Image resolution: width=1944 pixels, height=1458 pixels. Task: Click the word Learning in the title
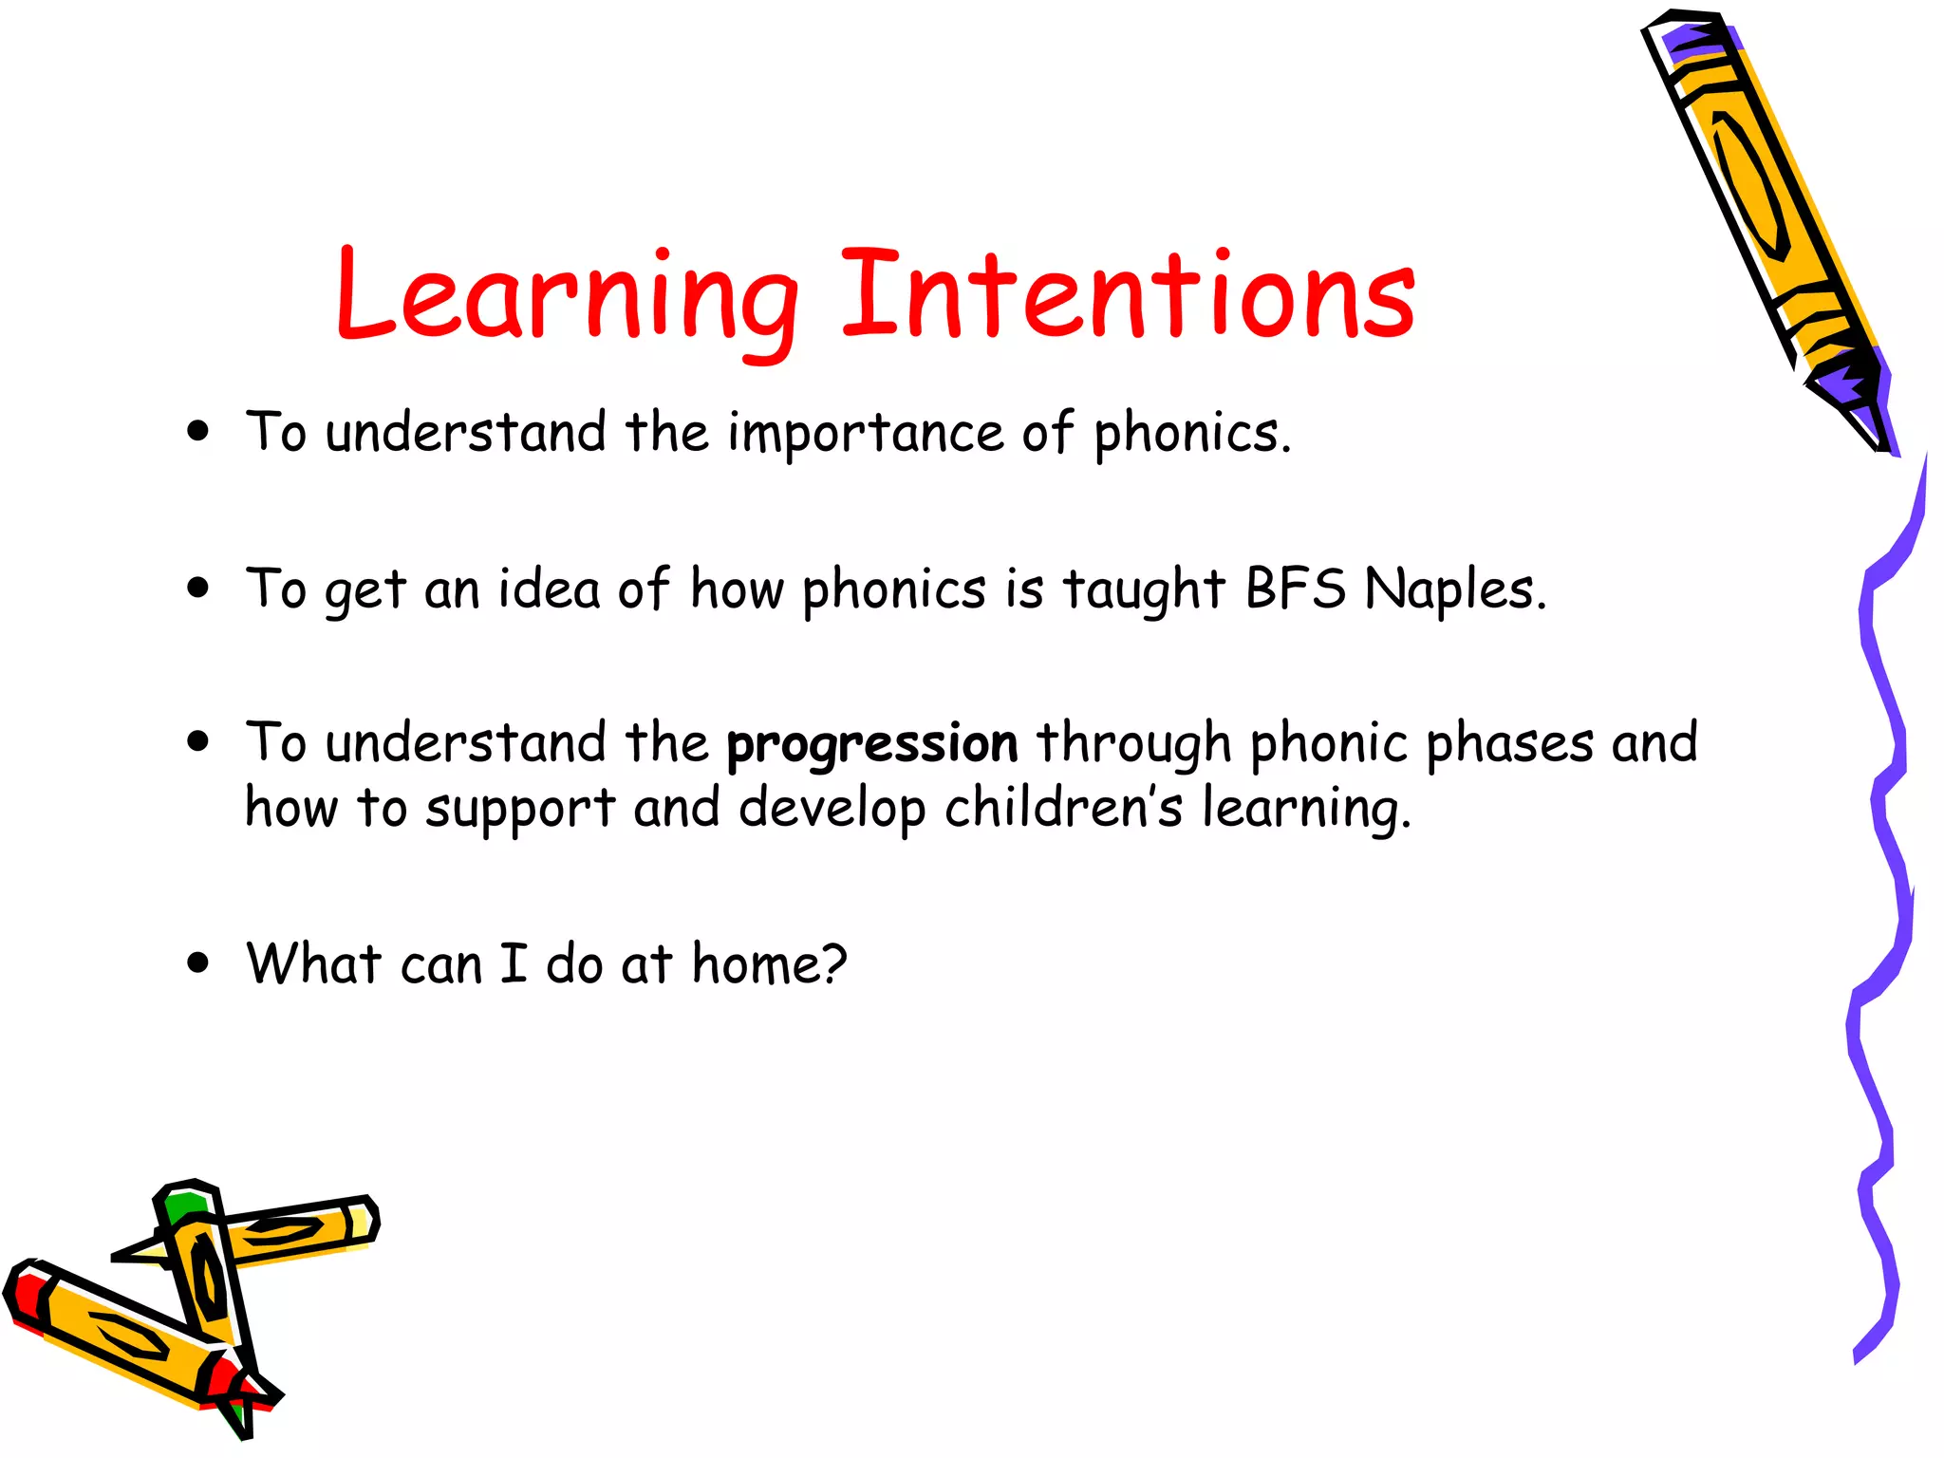(x=567, y=296)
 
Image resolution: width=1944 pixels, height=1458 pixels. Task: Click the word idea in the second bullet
(x=550, y=589)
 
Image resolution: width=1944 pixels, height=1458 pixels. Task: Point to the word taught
(x=1143, y=590)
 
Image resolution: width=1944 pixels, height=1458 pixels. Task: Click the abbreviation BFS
(x=1295, y=589)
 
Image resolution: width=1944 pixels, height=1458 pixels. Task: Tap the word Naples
(x=1452, y=589)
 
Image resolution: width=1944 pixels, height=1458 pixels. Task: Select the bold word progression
(x=871, y=745)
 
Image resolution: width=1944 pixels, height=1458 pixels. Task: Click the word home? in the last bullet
(x=768, y=964)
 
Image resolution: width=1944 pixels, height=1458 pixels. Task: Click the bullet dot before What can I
(x=197, y=964)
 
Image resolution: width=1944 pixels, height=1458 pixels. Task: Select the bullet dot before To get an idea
(x=197, y=589)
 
